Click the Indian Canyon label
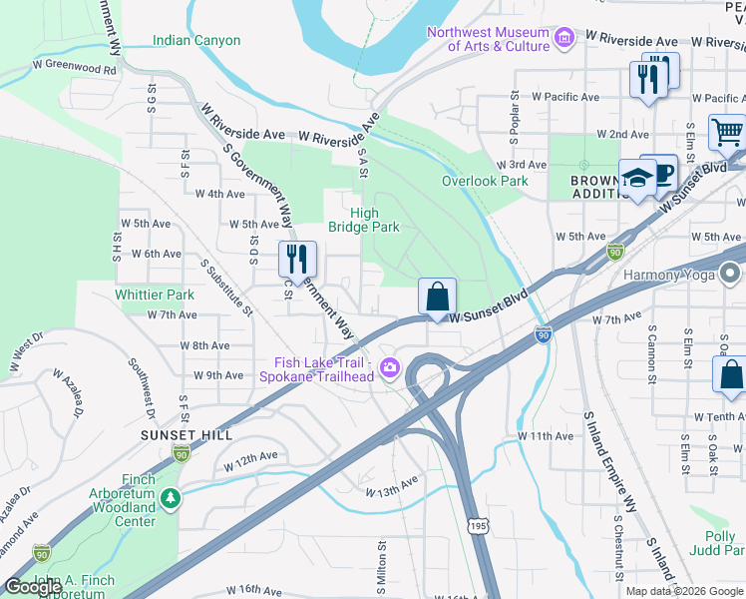click(196, 41)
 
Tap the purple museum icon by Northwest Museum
click(564, 39)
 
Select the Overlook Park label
click(485, 181)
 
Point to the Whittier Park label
click(155, 295)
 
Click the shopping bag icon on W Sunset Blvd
click(437, 297)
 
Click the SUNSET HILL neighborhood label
click(187, 435)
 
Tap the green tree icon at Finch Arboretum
click(171, 497)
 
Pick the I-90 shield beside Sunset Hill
click(181, 454)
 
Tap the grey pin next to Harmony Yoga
click(732, 274)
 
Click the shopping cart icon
click(727, 131)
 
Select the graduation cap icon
click(636, 178)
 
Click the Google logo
click(33, 587)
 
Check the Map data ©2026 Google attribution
click(683, 591)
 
